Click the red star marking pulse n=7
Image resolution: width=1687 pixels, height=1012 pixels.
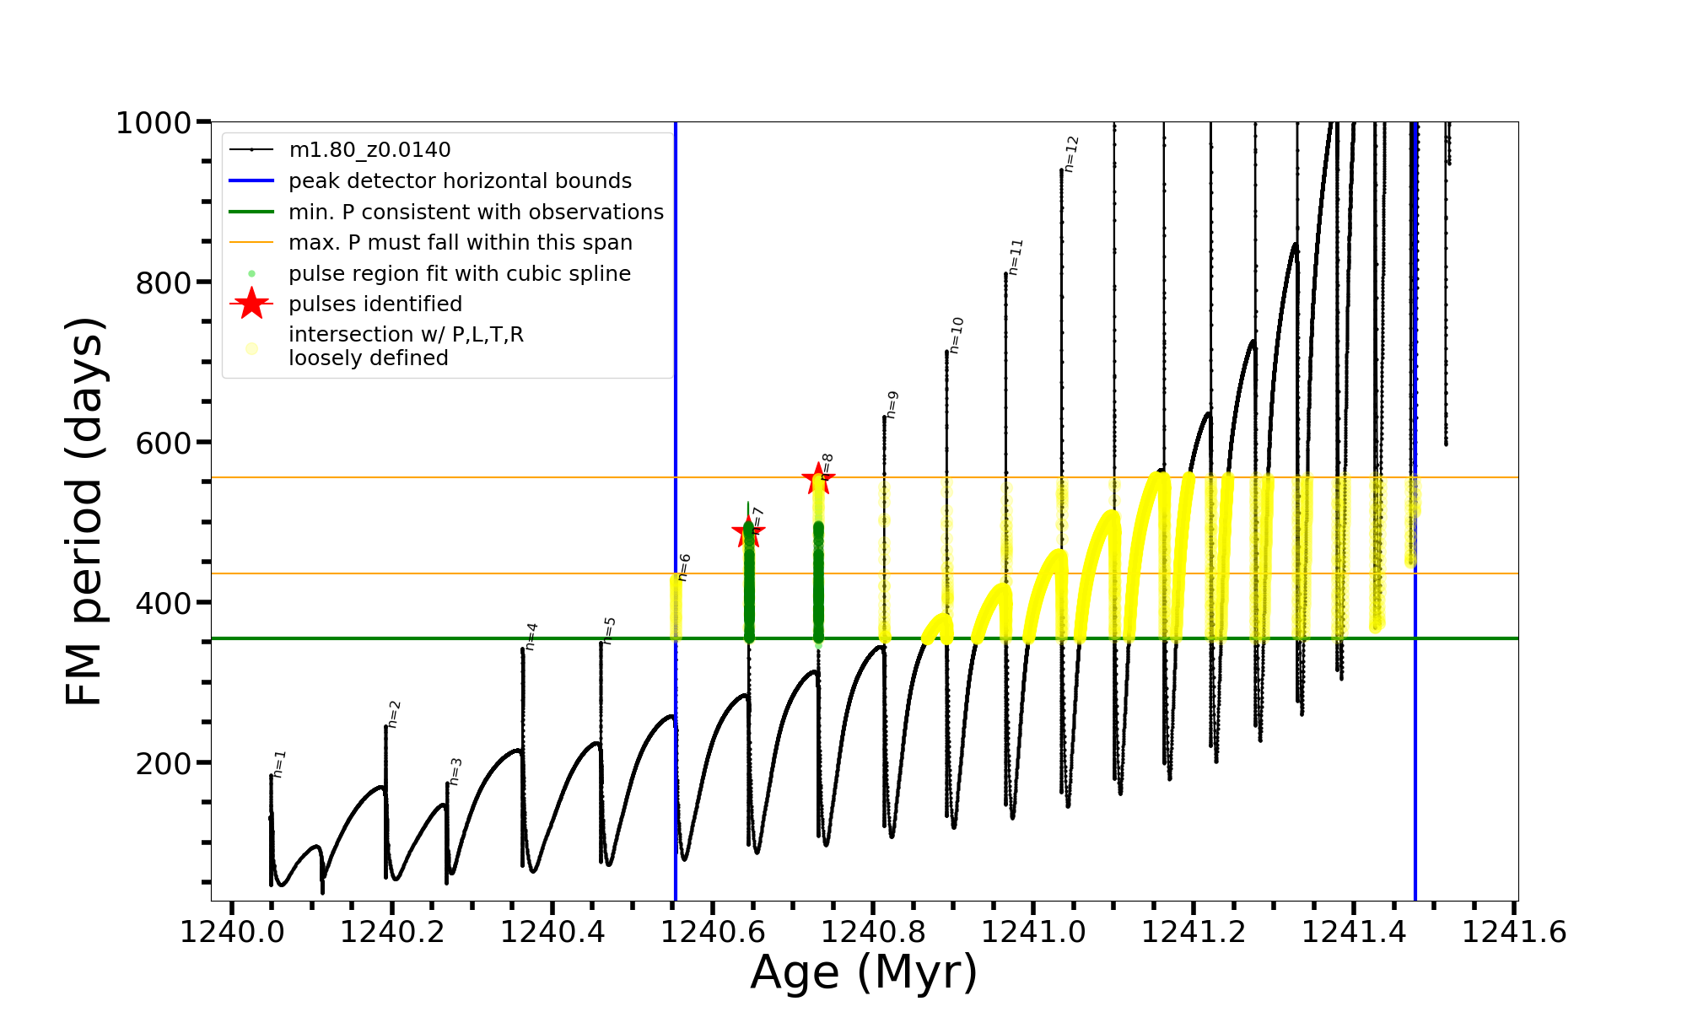tap(747, 532)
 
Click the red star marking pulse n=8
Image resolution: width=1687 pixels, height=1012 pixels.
tap(817, 479)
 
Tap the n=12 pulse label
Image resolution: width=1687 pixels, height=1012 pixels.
tap(1071, 153)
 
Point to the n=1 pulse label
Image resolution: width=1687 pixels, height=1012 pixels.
tap(280, 763)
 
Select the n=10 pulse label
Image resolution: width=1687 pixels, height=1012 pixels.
tap(956, 335)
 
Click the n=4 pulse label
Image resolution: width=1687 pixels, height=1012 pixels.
tap(531, 636)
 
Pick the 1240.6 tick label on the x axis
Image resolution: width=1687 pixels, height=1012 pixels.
tap(713, 932)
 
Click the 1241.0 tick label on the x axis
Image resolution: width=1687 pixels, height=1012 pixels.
tap(1033, 932)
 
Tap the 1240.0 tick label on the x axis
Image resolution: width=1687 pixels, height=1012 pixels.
tap(232, 932)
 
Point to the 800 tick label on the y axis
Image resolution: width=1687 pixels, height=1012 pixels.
tap(164, 283)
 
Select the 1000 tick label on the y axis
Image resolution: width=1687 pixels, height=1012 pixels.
tap(154, 123)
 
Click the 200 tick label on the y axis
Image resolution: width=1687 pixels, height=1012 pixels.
tap(164, 763)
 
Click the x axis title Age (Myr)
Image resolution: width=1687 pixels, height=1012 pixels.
tap(864, 972)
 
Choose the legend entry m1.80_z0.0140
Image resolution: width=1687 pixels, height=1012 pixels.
tap(369, 150)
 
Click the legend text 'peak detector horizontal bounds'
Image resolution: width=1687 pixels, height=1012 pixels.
tap(460, 181)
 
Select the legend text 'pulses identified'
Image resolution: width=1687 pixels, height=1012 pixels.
tap(375, 304)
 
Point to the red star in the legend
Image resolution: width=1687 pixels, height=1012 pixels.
tap(251, 304)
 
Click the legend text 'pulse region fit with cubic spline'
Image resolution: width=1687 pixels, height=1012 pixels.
tap(460, 273)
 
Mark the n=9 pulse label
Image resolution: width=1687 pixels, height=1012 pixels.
tap(892, 404)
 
